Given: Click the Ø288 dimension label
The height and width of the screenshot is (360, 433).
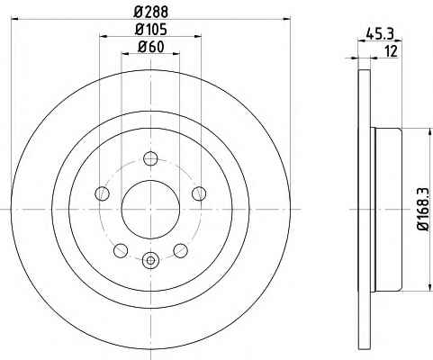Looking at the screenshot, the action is click(x=150, y=13).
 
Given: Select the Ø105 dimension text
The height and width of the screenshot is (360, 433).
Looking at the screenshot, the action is click(x=150, y=30).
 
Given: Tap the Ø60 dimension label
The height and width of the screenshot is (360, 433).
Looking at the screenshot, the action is click(x=151, y=47).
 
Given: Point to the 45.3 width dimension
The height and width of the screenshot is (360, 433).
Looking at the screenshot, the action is click(x=380, y=33).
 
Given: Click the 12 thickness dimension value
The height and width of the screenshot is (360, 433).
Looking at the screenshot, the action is click(x=391, y=51).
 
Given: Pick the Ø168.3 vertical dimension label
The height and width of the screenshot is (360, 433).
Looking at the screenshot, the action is click(x=424, y=210).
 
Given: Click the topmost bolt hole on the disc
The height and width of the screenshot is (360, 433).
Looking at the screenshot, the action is click(x=150, y=158).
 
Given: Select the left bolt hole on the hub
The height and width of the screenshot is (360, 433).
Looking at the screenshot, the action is click(x=102, y=193).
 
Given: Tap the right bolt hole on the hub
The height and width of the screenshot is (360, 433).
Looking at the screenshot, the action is click(x=199, y=193).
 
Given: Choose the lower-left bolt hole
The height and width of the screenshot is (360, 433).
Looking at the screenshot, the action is click(x=121, y=250).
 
